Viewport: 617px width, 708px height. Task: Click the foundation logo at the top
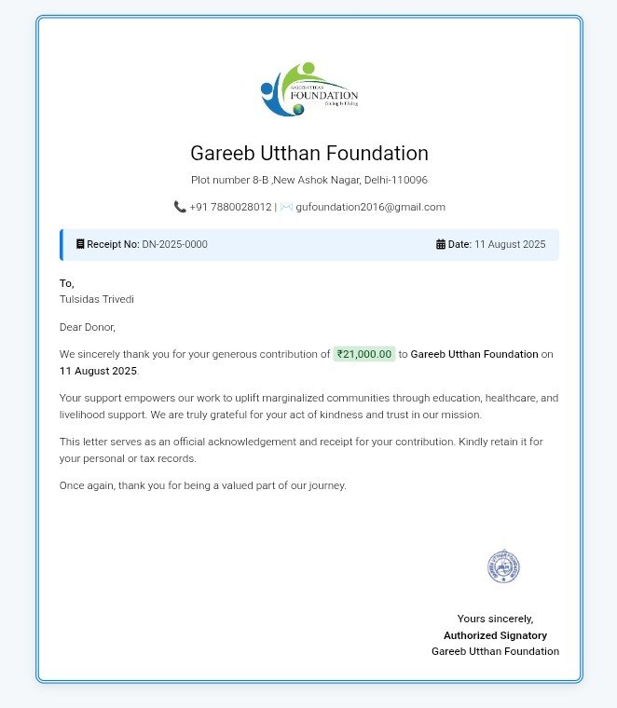click(x=308, y=89)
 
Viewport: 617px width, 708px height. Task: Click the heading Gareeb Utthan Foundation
click(x=308, y=153)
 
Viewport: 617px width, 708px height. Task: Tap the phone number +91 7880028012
click(x=230, y=207)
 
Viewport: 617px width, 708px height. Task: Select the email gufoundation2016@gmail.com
click(x=370, y=207)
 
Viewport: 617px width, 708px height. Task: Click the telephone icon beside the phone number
click(x=180, y=207)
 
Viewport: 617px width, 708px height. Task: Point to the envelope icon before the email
click(x=286, y=207)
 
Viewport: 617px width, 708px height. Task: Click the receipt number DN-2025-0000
click(x=174, y=244)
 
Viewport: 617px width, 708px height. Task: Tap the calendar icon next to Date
click(x=441, y=244)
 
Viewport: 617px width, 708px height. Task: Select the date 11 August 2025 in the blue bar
click(x=510, y=244)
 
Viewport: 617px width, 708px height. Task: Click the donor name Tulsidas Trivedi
click(x=97, y=299)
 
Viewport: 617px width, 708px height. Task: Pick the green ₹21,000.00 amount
click(x=364, y=354)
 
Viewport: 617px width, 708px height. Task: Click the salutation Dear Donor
click(x=88, y=327)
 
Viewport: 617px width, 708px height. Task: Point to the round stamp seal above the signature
click(x=503, y=566)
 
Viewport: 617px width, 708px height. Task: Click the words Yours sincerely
click(x=495, y=619)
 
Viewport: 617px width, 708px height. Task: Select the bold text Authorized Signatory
click(x=495, y=635)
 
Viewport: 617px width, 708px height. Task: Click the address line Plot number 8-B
click(x=308, y=180)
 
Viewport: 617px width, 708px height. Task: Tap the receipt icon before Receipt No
click(x=80, y=244)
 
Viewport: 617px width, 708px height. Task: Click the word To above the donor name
click(x=66, y=283)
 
